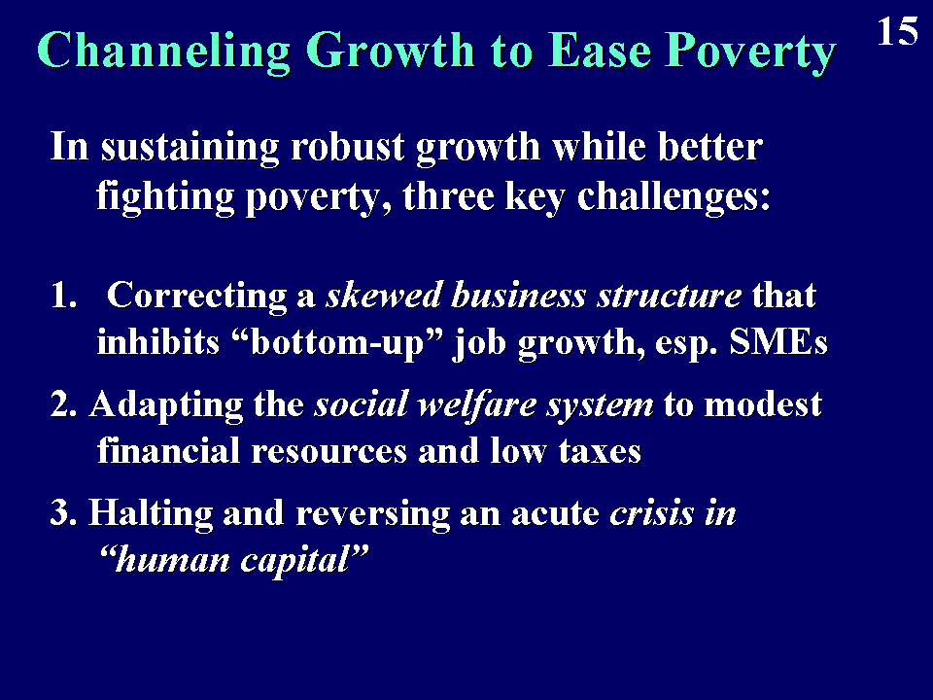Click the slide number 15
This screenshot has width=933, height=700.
tap(897, 31)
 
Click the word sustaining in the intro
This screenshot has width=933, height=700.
tap(190, 148)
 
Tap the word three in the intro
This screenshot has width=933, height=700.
tap(448, 196)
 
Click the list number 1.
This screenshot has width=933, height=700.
tap(64, 296)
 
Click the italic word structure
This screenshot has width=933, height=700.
tap(670, 296)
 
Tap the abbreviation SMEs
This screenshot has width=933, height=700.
tap(778, 342)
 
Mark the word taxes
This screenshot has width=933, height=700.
tap(600, 452)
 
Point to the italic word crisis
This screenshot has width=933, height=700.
tap(651, 513)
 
